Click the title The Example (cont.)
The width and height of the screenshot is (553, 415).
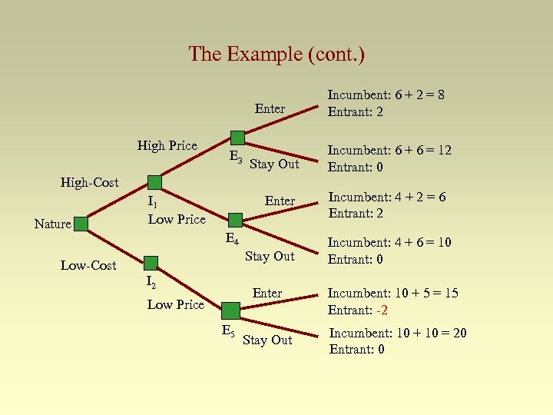(276, 54)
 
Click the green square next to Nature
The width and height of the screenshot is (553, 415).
(80, 224)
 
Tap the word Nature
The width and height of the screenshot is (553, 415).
(52, 224)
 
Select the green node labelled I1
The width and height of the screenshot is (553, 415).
(154, 182)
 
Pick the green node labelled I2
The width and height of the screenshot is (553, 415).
(151, 263)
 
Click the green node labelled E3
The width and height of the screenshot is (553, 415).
(237, 138)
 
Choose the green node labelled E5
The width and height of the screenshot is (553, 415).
(230, 310)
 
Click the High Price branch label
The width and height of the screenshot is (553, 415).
(167, 146)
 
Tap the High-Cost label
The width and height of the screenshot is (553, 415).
(89, 182)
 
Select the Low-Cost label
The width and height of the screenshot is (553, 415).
(88, 266)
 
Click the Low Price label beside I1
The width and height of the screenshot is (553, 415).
(176, 220)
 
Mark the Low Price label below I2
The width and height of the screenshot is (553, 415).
(175, 305)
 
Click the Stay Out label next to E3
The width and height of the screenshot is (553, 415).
(274, 164)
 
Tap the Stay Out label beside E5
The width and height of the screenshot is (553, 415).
(267, 340)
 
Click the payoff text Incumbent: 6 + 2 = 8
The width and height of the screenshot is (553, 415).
(386, 95)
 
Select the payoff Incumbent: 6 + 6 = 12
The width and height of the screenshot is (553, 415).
(389, 151)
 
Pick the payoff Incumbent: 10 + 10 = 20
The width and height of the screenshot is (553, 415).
(397, 333)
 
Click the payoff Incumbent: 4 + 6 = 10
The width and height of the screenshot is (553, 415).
(389, 243)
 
